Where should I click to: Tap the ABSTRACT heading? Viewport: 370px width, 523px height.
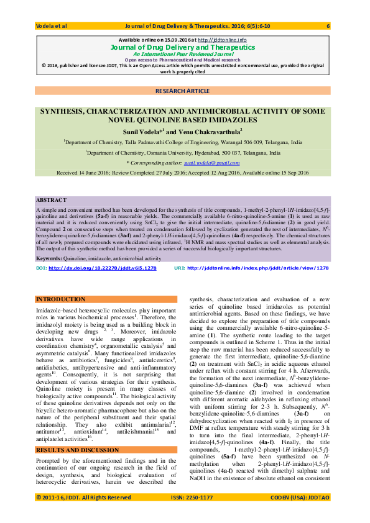(x=51, y=201)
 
